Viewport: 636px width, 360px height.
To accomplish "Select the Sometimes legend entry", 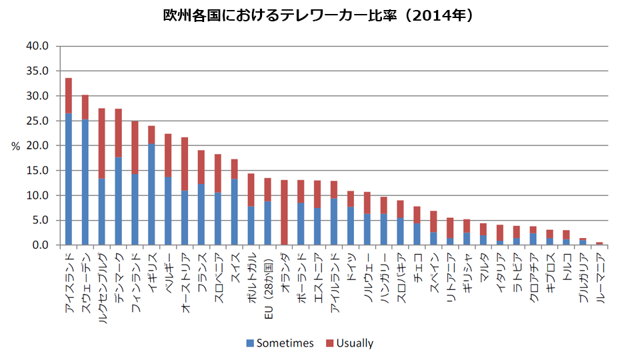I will point(280,343).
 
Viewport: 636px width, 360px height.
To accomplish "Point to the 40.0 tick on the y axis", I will point(37,47).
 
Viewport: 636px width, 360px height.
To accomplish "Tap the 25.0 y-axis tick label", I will point(37,121).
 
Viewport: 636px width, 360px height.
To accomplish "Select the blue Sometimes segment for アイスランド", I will point(69,179).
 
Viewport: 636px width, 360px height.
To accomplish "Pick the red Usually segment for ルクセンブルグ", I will point(102,143).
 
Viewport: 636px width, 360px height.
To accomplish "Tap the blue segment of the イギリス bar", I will point(151,194).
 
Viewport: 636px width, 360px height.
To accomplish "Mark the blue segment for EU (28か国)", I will point(267,223).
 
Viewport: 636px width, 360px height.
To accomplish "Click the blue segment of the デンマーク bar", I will point(119,201).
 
